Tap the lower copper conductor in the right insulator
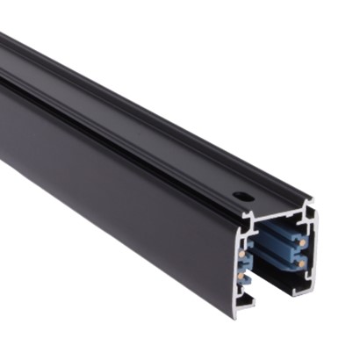(x=304, y=263)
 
